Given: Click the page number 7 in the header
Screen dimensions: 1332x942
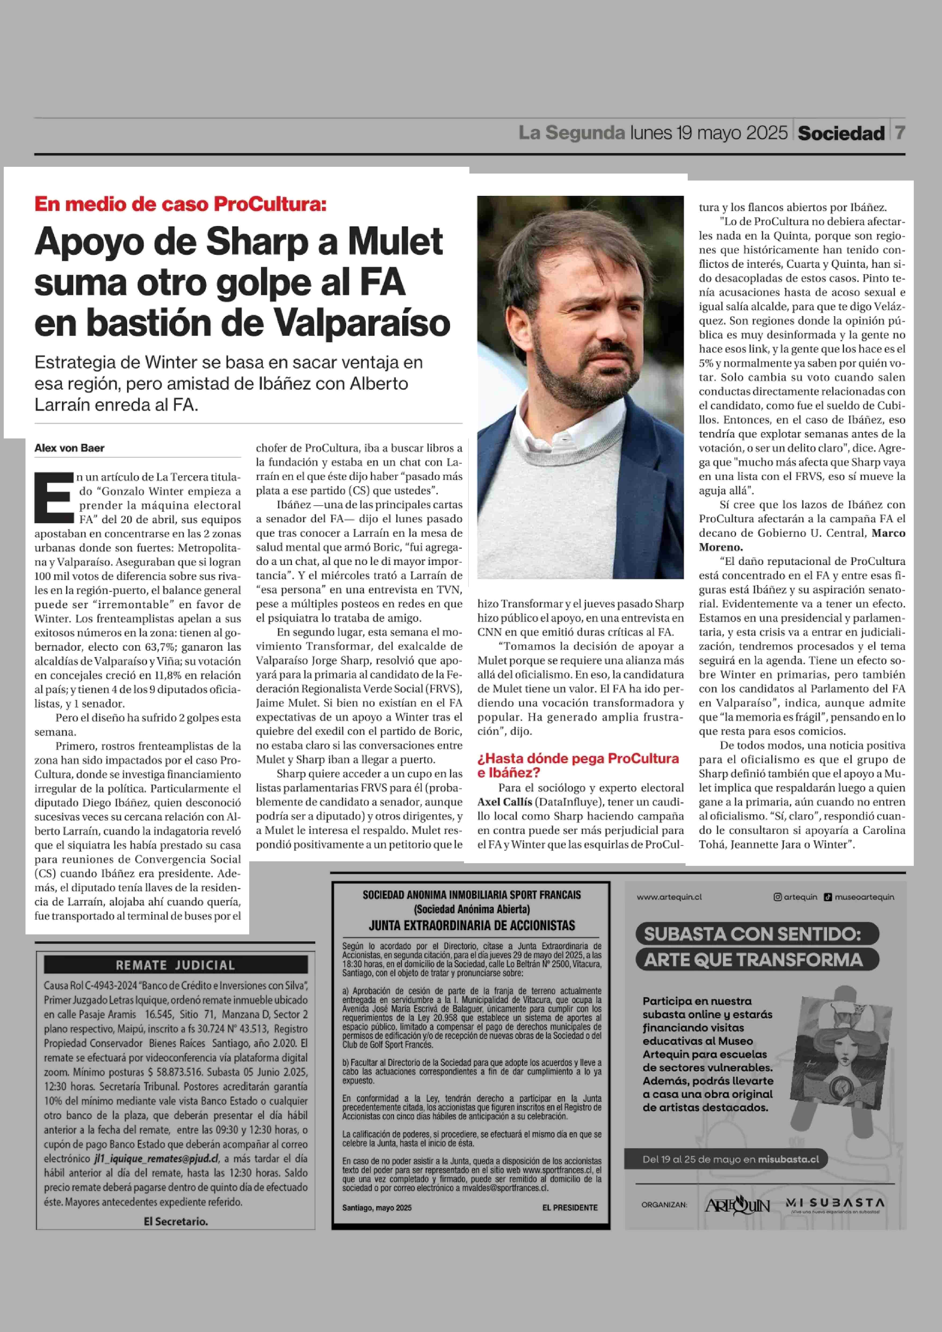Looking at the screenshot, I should click(899, 133).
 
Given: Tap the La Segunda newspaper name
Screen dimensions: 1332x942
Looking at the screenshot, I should click(571, 133).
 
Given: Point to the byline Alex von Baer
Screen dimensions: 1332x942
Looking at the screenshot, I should click(70, 448).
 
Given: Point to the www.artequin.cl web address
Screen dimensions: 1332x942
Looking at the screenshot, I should click(669, 897).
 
